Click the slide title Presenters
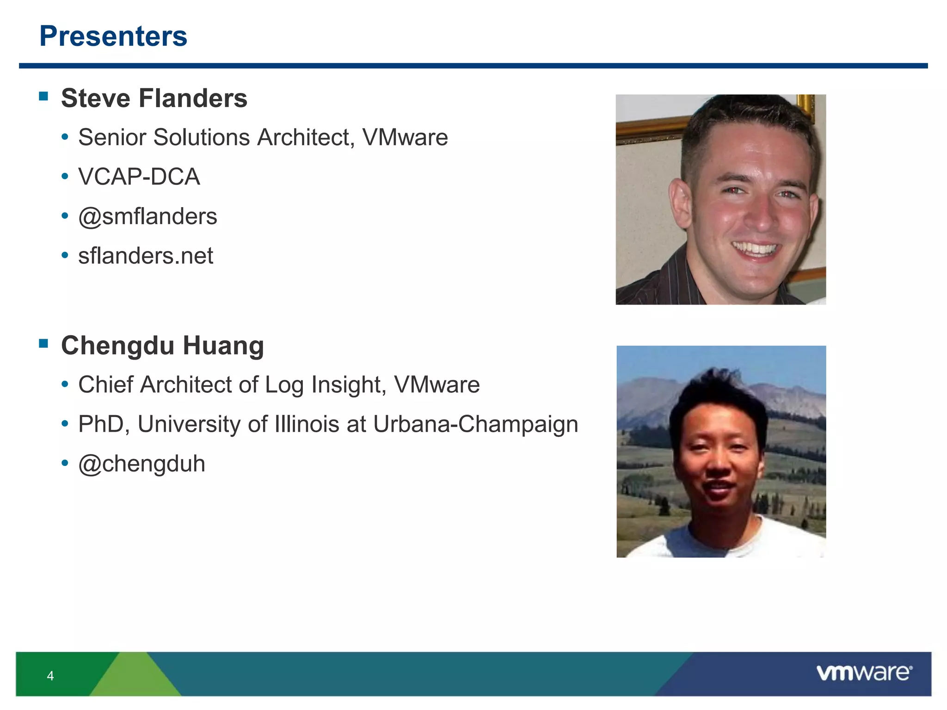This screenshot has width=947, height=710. [113, 36]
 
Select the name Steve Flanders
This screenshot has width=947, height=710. [154, 98]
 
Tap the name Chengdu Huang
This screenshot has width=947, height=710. [162, 346]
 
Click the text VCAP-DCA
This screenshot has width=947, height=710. [139, 177]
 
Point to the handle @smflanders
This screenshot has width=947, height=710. [148, 216]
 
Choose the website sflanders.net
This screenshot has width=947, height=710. [146, 256]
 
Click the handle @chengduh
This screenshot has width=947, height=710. [141, 464]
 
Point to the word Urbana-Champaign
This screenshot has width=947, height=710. [475, 424]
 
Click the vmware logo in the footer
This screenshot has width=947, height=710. [864, 673]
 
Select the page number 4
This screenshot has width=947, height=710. [50, 676]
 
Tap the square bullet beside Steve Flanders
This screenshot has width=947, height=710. [44, 96]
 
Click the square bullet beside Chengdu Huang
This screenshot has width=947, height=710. [44, 343]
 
